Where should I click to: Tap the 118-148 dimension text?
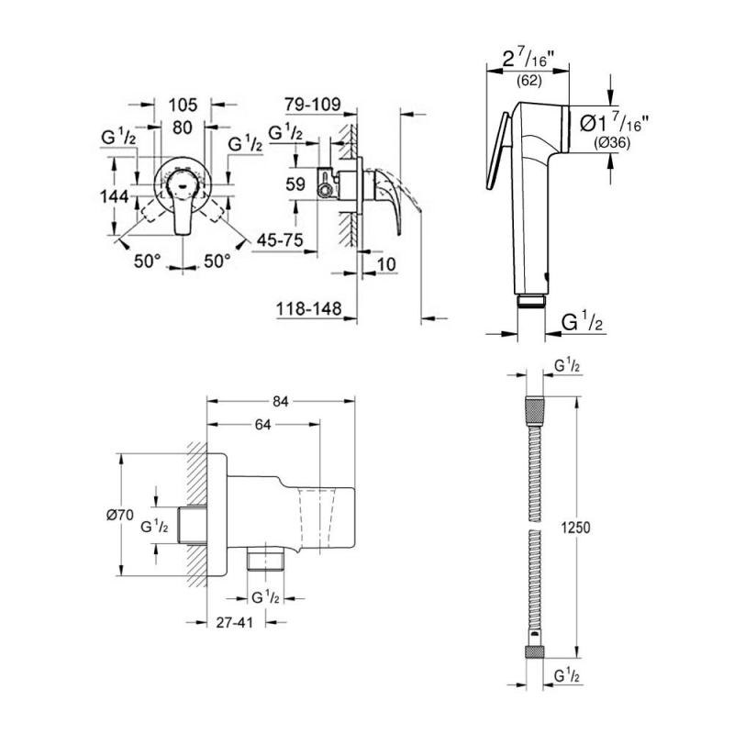308,310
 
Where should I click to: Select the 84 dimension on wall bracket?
281,401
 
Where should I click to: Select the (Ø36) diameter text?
610,141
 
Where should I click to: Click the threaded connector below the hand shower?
531,300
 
